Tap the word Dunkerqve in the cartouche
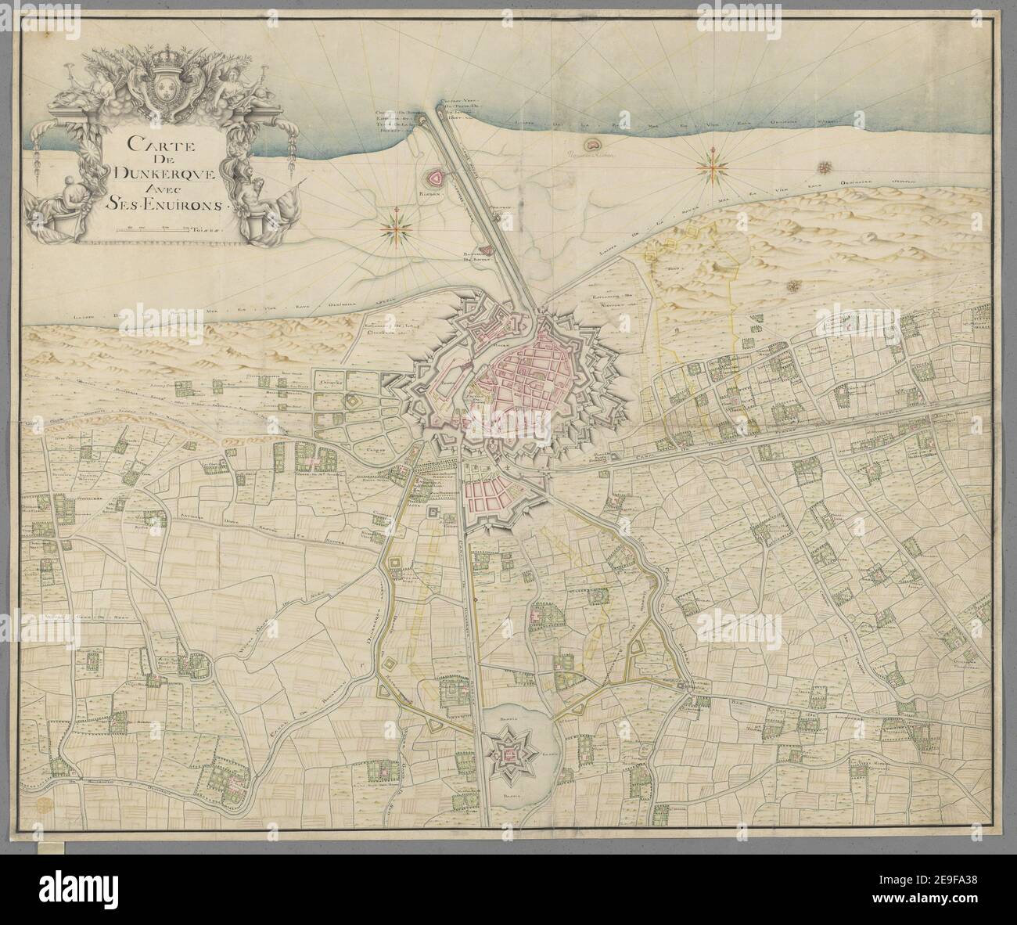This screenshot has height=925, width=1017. (x=146, y=173)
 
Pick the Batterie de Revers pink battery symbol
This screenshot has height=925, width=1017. (x=483, y=250)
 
